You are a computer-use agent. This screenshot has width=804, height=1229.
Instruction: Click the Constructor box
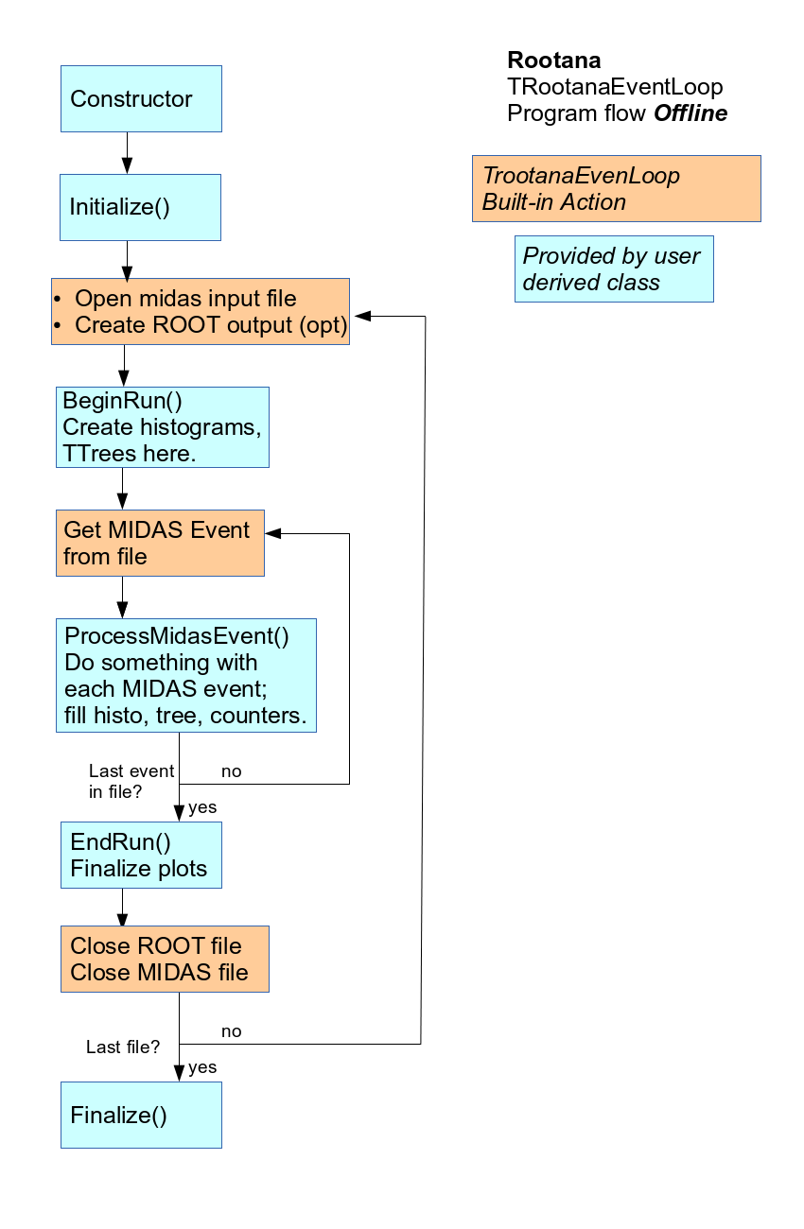pyautogui.click(x=141, y=98)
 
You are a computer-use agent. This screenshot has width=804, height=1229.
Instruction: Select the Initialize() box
pyautogui.click(x=141, y=207)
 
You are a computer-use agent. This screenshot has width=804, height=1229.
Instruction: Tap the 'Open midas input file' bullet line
pyautogui.click(x=185, y=299)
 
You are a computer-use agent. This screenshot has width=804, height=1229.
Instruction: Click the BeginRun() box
pyautogui.click(x=163, y=426)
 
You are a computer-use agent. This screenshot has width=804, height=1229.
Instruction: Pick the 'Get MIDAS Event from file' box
pyautogui.click(x=160, y=543)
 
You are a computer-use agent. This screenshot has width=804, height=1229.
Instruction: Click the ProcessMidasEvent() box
pyautogui.click(x=185, y=675)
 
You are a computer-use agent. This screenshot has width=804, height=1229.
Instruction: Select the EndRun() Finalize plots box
pyautogui.click(x=141, y=855)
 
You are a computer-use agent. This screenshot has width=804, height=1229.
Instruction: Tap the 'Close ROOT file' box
pyautogui.click(x=165, y=959)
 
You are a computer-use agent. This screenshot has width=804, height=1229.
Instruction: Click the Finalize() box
pyautogui.click(x=141, y=1115)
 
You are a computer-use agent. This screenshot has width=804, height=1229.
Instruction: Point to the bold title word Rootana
pyautogui.click(x=553, y=61)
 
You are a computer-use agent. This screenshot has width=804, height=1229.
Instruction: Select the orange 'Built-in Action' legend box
pyautogui.click(x=616, y=189)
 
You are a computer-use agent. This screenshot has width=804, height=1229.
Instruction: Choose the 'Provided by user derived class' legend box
pyautogui.click(x=614, y=269)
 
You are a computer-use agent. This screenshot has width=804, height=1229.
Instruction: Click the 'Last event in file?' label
pyautogui.click(x=131, y=781)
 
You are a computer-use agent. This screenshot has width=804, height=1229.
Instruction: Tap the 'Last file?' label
pyautogui.click(x=123, y=1047)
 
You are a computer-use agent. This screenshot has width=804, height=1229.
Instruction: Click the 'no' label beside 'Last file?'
pyautogui.click(x=231, y=1030)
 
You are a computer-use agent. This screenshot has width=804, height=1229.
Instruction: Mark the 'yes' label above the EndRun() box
pyautogui.click(x=202, y=807)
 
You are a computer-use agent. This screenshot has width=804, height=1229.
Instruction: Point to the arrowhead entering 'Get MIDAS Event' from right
pyautogui.click(x=273, y=533)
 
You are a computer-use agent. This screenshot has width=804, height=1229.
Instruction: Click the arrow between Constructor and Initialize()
pyautogui.click(x=127, y=152)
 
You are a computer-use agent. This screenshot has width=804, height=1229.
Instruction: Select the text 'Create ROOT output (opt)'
pyautogui.click(x=210, y=325)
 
